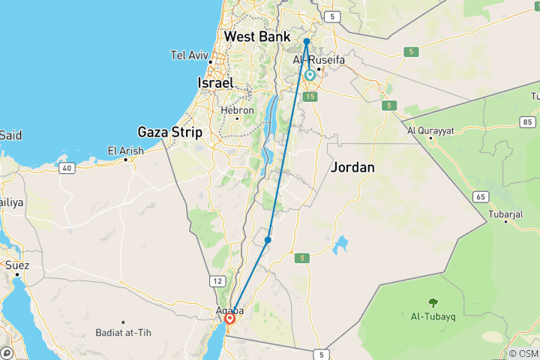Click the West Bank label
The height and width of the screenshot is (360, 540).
(258, 36)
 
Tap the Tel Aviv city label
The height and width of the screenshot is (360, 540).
(188, 55)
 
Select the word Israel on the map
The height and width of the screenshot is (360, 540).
(214, 82)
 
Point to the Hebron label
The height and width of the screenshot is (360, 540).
(237, 109)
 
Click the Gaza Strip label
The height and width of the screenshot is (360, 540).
(169, 132)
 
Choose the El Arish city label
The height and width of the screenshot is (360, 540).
(125, 151)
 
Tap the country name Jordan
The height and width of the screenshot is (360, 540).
(352, 167)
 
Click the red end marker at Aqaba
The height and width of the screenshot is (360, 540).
(230, 319)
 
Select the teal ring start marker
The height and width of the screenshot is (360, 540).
(309, 75)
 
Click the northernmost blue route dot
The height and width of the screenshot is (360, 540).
(307, 41)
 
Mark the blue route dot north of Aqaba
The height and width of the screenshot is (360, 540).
(268, 240)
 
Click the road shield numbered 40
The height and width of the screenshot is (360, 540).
(67, 168)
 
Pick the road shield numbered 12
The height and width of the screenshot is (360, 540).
(217, 280)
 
